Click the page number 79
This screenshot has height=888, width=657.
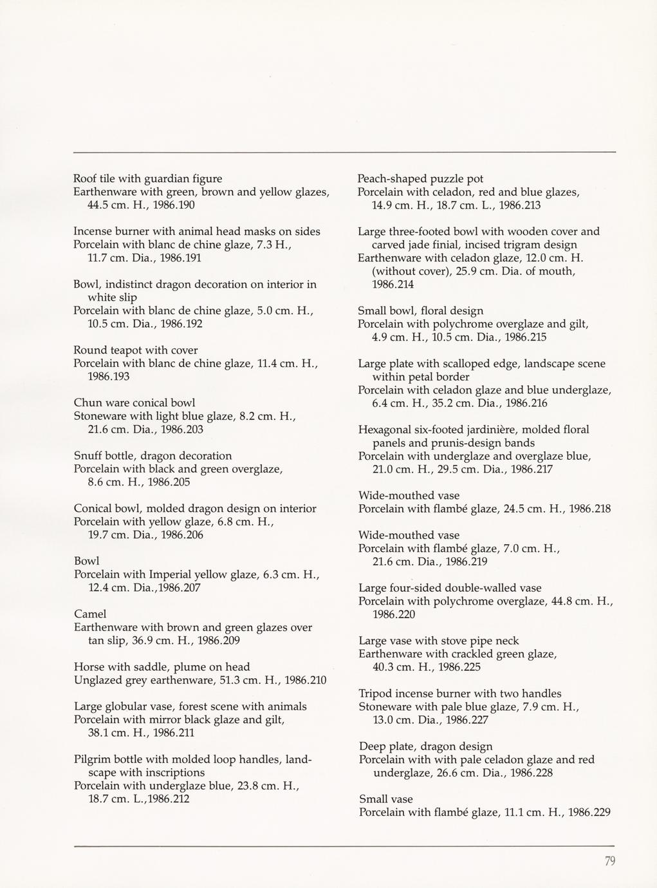tap(610, 861)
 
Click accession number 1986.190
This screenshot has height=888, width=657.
tap(172, 205)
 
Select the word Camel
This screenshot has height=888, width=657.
tap(90, 614)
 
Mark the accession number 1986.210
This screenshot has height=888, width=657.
tap(305, 680)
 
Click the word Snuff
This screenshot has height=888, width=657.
tap(88, 456)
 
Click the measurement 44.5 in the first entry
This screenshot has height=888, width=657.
tap(99, 205)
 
